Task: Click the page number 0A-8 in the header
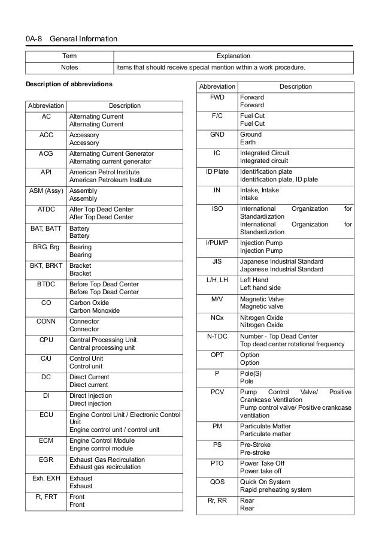[34, 40]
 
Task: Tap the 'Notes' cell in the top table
[69, 68]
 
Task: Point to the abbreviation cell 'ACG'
[46, 154]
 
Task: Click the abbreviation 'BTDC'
[46, 284]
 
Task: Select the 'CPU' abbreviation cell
[46, 340]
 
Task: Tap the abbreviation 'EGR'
[46, 460]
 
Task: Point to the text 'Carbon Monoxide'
[95, 311]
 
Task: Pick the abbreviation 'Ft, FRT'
[46, 497]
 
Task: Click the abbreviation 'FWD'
[217, 97]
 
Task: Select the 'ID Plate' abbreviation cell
[217, 171]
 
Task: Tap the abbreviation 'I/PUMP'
[217, 243]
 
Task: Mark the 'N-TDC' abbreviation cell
[217, 336]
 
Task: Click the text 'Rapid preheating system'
[275, 489]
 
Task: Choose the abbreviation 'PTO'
[217, 463]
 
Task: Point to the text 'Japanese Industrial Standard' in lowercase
[281, 270]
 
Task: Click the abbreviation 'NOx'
[217, 318]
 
